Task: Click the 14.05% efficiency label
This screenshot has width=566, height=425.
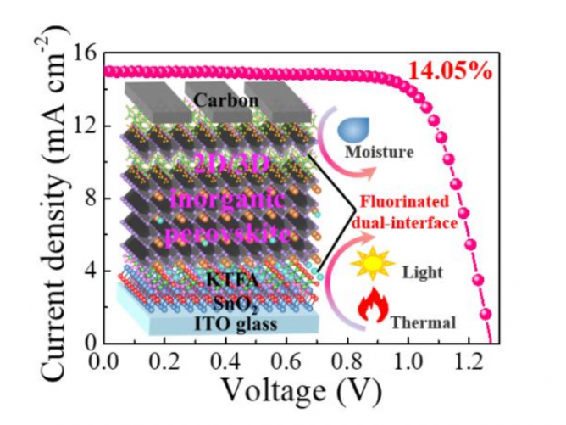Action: click(450, 71)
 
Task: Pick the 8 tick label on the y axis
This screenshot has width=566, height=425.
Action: click(89, 199)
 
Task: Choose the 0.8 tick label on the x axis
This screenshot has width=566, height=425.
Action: click(342, 359)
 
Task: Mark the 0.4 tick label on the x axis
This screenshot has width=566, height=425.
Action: click(223, 359)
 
